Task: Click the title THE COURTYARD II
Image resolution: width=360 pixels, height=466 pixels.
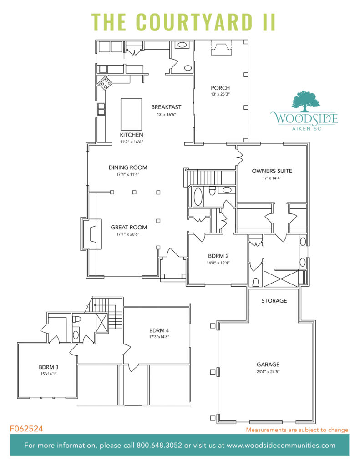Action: point(183,21)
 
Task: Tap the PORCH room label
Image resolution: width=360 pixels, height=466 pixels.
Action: point(220,88)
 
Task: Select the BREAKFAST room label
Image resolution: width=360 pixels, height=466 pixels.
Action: point(166,107)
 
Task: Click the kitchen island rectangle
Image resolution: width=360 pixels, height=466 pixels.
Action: point(128,114)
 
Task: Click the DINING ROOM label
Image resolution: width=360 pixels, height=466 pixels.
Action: point(128,167)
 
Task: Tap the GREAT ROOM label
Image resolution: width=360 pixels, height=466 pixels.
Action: point(129,228)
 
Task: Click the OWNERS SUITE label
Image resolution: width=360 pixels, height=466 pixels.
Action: point(272,171)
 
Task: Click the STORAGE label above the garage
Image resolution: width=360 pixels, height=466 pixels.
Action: point(274,301)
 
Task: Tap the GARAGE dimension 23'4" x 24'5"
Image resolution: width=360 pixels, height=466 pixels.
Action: point(268,372)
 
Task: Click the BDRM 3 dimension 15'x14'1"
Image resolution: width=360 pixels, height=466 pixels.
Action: point(51,374)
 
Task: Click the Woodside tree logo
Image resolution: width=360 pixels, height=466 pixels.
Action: point(304,101)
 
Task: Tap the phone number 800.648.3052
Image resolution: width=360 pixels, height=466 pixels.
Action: point(155,446)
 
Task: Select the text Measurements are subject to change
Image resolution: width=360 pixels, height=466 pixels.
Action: point(297,430)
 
